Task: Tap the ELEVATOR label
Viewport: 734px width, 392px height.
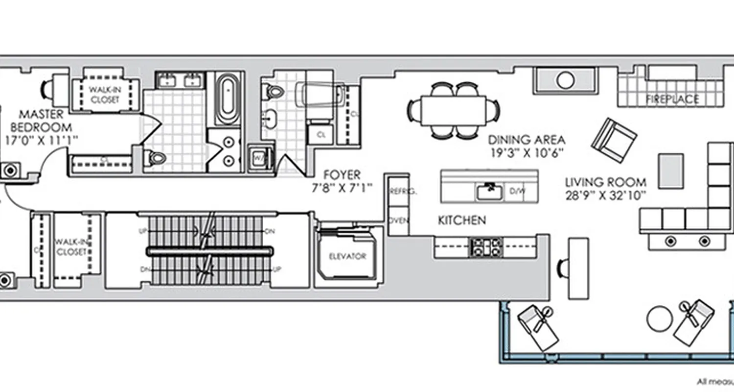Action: pos(347,256)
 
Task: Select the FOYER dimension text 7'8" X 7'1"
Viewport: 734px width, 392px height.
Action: pos(342,187)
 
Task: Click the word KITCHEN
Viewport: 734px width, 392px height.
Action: pos(461,220)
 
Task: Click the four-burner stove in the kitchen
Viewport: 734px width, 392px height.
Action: pos(485,247)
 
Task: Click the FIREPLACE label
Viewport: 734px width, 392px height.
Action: pos(672,99)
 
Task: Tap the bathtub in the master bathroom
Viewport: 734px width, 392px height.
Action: pos(228,99)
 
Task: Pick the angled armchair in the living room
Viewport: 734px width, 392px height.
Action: pos(614,140)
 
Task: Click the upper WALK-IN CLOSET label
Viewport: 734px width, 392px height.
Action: pos(104,95)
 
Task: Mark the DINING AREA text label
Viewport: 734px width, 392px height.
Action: pos(527,140)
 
